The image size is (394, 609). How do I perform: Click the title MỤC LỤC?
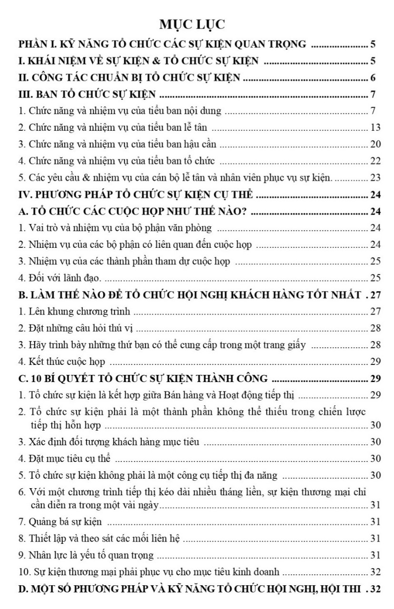[197, 24]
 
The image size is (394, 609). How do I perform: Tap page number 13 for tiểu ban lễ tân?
[375, 128]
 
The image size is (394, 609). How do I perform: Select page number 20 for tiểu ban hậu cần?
[375, 145]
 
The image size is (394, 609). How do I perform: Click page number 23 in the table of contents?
[375, 178]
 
